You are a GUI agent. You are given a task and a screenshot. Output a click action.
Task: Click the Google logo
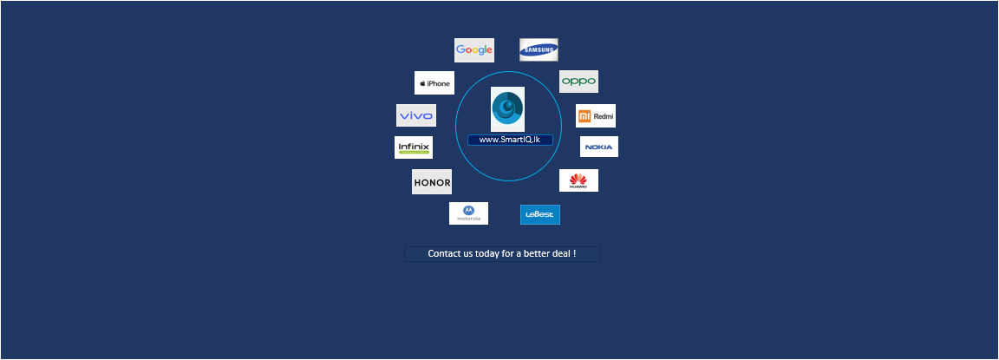click(474, 50)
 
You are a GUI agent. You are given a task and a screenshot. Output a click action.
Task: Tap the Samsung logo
click(539, 50)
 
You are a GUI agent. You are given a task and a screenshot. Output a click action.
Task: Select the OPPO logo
click(578, 82)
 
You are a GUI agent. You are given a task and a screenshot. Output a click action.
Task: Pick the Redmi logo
click(596, 115)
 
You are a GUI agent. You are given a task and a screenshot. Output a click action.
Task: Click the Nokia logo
click(599, 147)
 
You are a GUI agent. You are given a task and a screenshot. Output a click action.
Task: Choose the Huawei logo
click(578, 180)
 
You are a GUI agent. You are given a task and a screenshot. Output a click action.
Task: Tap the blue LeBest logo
click(540, 214)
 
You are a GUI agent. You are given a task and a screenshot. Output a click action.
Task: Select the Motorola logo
click(468, 213)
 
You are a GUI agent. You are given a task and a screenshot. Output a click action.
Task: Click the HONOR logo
click(432, 182)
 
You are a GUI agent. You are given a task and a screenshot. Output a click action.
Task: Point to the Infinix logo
click(414, 147)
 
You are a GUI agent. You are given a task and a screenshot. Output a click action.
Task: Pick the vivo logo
click(416, 115)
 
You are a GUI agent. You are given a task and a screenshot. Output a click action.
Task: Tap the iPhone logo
click(434, 83)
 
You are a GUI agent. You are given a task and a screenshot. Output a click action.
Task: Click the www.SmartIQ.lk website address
click(510, 140)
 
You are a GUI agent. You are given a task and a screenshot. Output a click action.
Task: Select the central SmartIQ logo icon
click(507, 108)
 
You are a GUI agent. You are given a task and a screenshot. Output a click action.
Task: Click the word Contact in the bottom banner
click(445, 254)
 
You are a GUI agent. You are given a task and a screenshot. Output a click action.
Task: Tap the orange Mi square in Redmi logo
click(585, 115)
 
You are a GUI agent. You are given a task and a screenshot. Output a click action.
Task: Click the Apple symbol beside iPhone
click(422, 83)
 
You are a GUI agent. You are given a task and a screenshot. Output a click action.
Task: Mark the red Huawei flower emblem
click(578, 179)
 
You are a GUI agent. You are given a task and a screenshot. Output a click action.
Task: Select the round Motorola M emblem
click(468, 209)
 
